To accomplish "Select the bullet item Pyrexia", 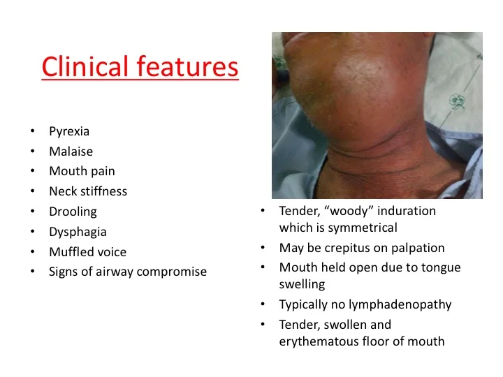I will tap(68, 131).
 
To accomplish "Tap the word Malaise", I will tap(71, 151).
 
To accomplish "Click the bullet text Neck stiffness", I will tap(87, 191).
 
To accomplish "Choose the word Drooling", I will tap(73, 211).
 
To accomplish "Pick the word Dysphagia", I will tap(78, 231).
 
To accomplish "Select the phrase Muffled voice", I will tap(87, 251).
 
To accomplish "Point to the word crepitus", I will tap(348, 248).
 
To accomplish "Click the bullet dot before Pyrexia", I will tap(32, 131).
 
